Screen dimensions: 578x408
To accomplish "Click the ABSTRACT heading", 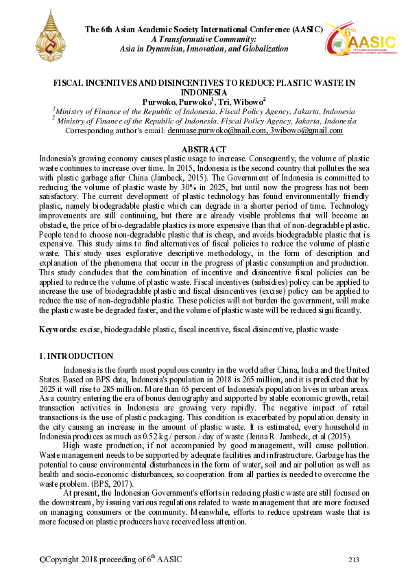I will (x=204, y=150).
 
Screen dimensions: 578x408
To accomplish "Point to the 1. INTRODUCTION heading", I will (x=76, y=356).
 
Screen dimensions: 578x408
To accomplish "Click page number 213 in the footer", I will (x=354, y=560).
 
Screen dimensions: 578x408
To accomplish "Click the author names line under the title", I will (x=204, y=102).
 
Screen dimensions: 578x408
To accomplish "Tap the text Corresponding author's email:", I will (x=114, y=130).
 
